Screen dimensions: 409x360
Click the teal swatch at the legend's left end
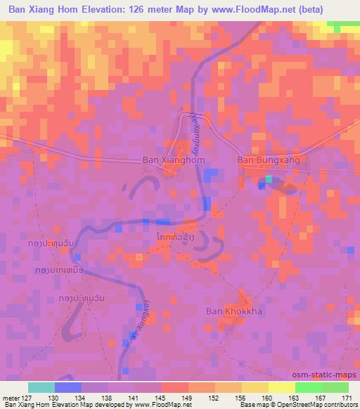(41, 387)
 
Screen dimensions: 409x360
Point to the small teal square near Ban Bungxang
(269, 180)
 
